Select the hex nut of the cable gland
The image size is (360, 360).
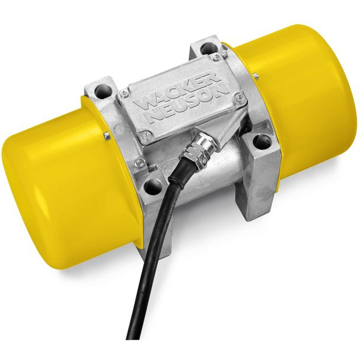197,153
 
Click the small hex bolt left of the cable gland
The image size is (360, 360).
139,162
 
